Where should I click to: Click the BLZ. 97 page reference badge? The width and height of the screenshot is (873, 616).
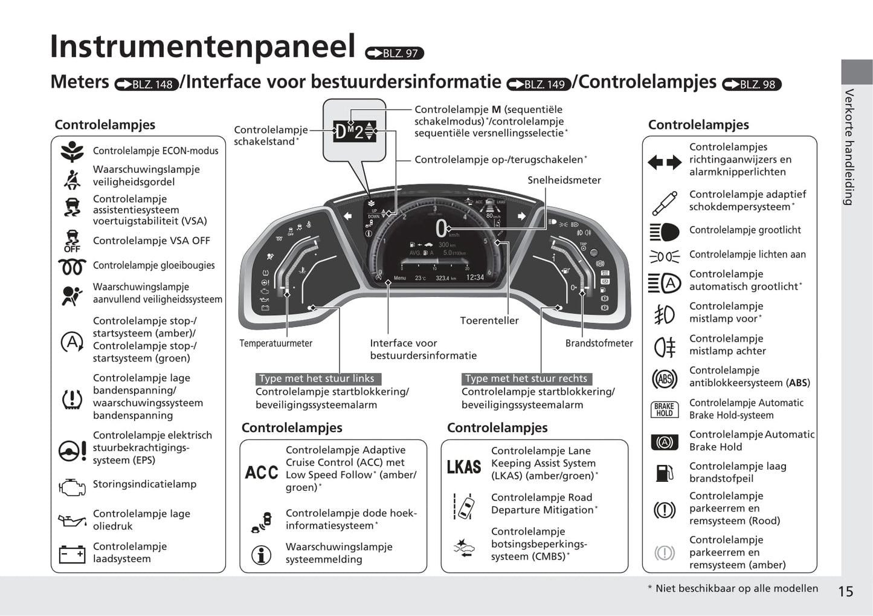pos(395,53)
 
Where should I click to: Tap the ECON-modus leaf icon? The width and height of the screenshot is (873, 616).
pos(72,151)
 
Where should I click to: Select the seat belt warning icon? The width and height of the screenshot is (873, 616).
pos(72,179)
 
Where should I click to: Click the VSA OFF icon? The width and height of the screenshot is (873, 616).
pos(72,241)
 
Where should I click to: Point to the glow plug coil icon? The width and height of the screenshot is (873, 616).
pos(72,266)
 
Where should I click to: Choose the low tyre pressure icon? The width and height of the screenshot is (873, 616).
pos(72,398)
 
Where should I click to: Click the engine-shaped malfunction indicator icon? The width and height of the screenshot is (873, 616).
pos(72,487)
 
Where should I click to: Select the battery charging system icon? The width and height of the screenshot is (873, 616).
pos(72,554)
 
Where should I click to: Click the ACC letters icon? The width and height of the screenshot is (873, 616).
pos(262,472)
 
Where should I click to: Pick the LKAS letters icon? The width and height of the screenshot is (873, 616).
pos(464,467)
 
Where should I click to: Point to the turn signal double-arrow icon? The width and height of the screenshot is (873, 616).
pos(664,162)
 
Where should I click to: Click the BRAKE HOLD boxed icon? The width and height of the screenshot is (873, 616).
pos(664,410)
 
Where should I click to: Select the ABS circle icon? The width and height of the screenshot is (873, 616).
pos(664,379)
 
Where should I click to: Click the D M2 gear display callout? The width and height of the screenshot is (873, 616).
pos(355,131)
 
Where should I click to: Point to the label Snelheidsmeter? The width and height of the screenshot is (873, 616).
pos(564,180)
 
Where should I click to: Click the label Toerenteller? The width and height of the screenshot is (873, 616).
pos(489,320)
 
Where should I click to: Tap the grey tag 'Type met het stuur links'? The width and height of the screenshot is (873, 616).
pos(317,378)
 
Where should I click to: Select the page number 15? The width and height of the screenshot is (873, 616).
pos(846,591)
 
